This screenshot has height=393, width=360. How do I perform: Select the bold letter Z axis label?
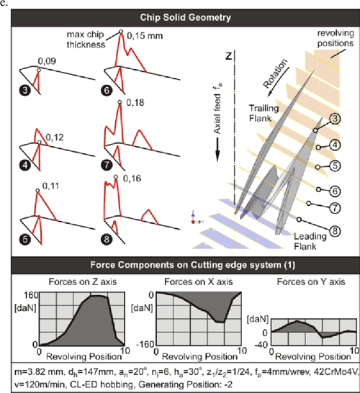point(229,55)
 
